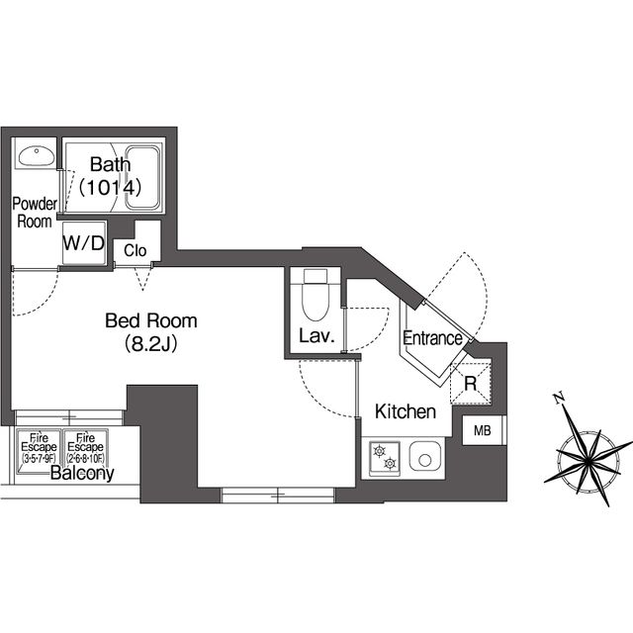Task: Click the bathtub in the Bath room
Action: [142, 178]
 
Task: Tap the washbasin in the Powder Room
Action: [37, 156]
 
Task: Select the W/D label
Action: [84, 243]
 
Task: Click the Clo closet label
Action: [135, 250]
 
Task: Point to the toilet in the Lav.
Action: [316, 296]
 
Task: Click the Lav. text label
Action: [316, 336]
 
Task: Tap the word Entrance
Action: [432, 338]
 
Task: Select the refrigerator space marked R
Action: [471, 383]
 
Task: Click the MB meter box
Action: [483, 430]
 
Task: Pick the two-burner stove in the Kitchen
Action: [385, 458]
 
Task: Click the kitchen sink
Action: [425, 457]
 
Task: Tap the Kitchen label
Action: [406, 411]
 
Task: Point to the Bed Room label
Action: [151, 320]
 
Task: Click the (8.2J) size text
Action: [151, 344]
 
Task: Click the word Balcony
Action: [82, 474]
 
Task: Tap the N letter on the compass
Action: [559, 399]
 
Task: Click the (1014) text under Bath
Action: [110, 188]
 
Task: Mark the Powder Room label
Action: [35, 213]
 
